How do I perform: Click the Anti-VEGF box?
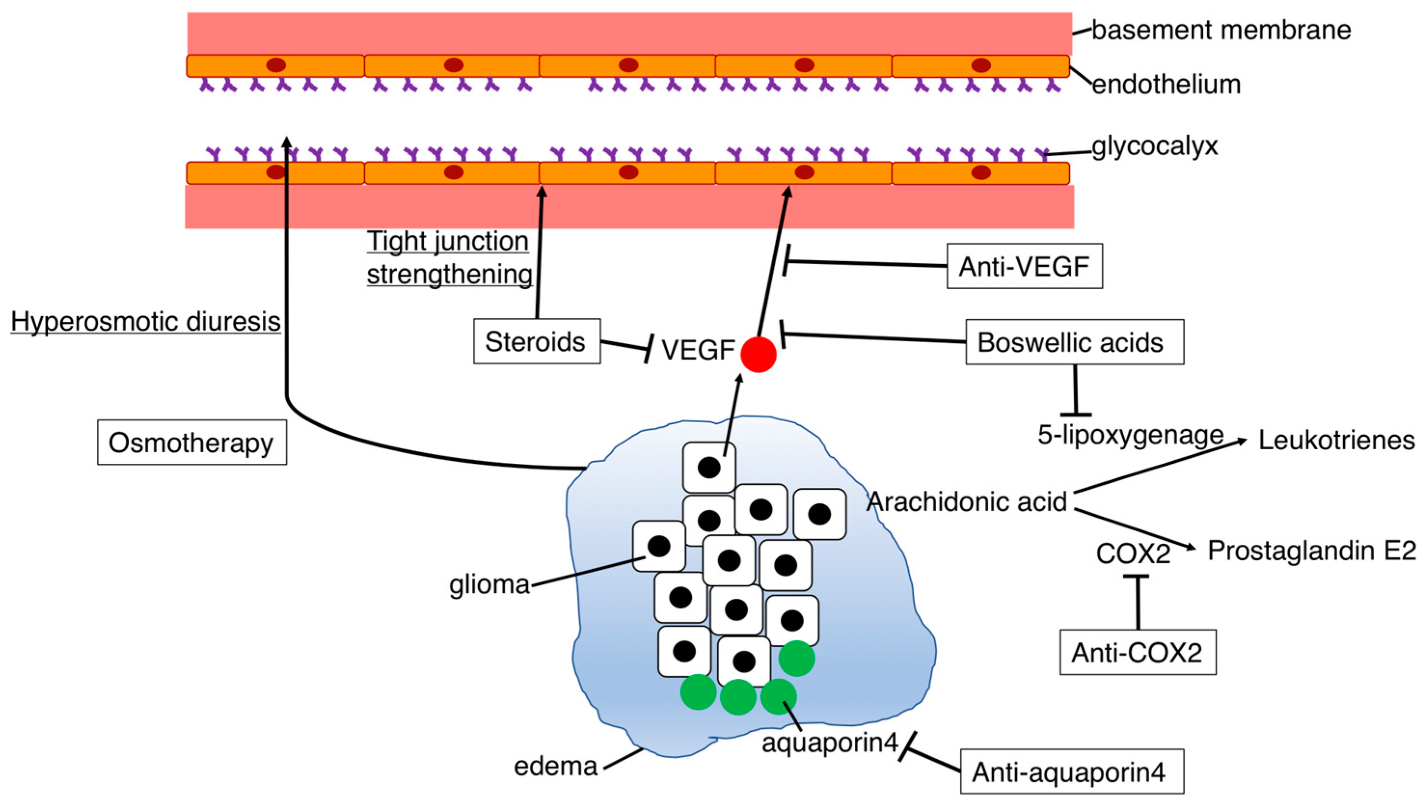coord(1024,266)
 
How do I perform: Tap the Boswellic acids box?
coord(1075,342)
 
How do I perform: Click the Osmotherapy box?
coord(191,443)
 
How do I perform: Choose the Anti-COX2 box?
coord(1138,652)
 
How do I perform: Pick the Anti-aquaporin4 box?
coord(1072,772)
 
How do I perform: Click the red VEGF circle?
coord(758,354)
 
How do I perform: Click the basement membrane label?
coord(1221,30)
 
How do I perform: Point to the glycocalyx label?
coord(1155,146)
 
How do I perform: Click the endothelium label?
coord(1166,85)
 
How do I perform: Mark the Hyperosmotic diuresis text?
coord(146,322)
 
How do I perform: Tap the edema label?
coord(556,766)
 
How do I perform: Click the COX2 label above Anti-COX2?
coord(1133,553)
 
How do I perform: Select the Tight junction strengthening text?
coord(448,257)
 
